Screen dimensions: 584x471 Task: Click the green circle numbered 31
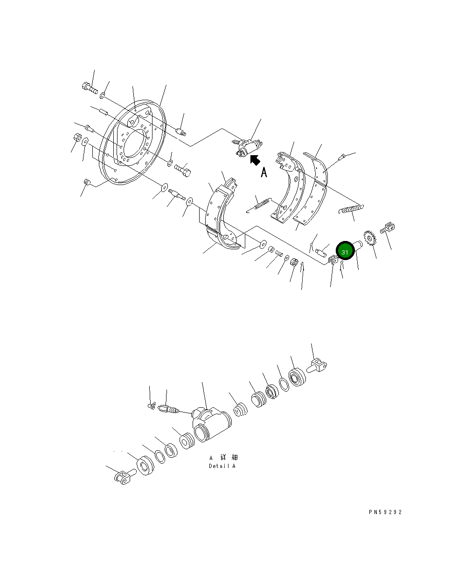coord(345,252)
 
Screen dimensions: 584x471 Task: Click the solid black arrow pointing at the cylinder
coord(255,160)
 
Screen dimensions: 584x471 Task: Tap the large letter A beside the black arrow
coord(264,172)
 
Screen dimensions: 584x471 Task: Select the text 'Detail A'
coord(222,466)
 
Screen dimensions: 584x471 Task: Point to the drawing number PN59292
coord(385,512)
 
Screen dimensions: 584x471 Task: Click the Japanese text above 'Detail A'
coord(223,458)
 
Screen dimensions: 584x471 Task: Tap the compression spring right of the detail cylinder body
coord(241,409)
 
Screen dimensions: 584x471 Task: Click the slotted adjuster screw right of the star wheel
coord(388,228)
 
